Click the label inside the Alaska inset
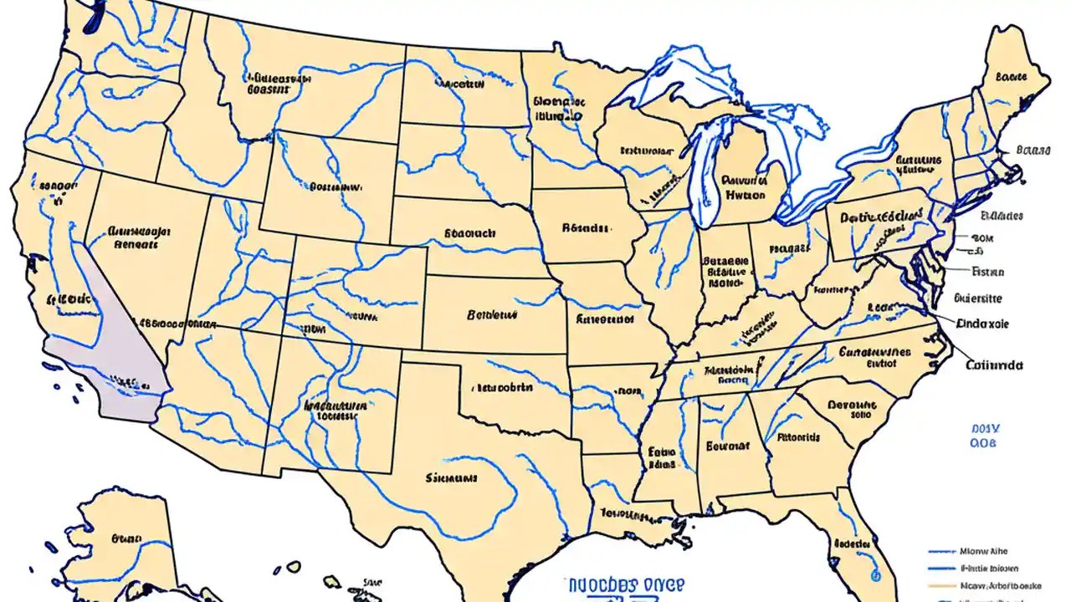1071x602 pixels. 127,539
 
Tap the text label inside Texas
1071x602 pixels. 451,479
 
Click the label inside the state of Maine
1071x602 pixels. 1011,77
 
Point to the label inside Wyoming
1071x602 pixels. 336,188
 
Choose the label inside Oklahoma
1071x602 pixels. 502,388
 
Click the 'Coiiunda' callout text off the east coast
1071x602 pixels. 995,365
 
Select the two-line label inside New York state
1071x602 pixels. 919,163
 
